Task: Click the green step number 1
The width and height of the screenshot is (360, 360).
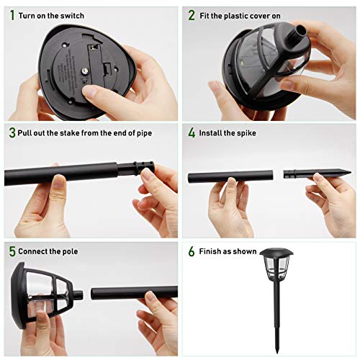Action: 12,15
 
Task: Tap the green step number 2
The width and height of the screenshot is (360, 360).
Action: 192,15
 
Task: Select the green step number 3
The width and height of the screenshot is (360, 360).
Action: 12,132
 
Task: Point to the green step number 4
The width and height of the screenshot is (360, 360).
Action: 192,132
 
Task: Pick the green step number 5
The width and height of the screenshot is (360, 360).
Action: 12,251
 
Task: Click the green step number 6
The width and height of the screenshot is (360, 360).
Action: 192,251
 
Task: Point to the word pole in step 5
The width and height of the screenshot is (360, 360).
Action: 70,251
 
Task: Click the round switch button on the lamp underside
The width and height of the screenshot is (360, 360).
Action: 85,71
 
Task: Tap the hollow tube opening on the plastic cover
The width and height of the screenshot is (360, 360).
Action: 302,30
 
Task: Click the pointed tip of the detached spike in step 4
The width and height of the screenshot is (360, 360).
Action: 350,172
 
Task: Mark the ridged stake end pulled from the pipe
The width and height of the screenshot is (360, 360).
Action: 136,168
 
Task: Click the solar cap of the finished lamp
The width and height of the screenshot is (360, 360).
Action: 276,252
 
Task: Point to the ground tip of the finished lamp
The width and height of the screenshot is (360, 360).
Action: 277,352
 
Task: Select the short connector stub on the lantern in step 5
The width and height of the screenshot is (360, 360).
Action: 78,295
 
